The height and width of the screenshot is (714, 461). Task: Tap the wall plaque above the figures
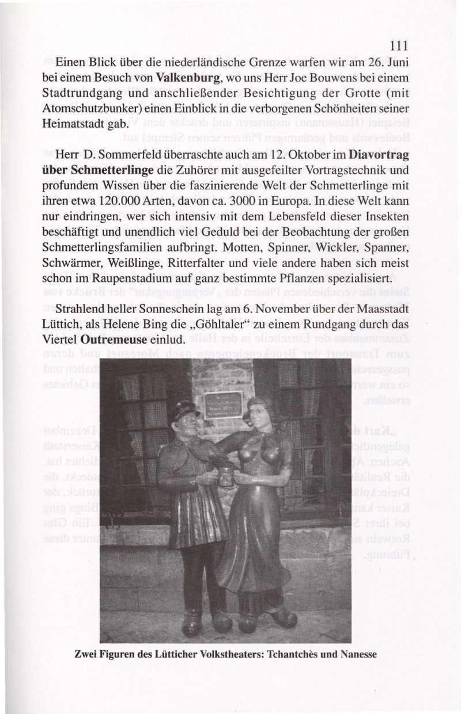223,404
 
